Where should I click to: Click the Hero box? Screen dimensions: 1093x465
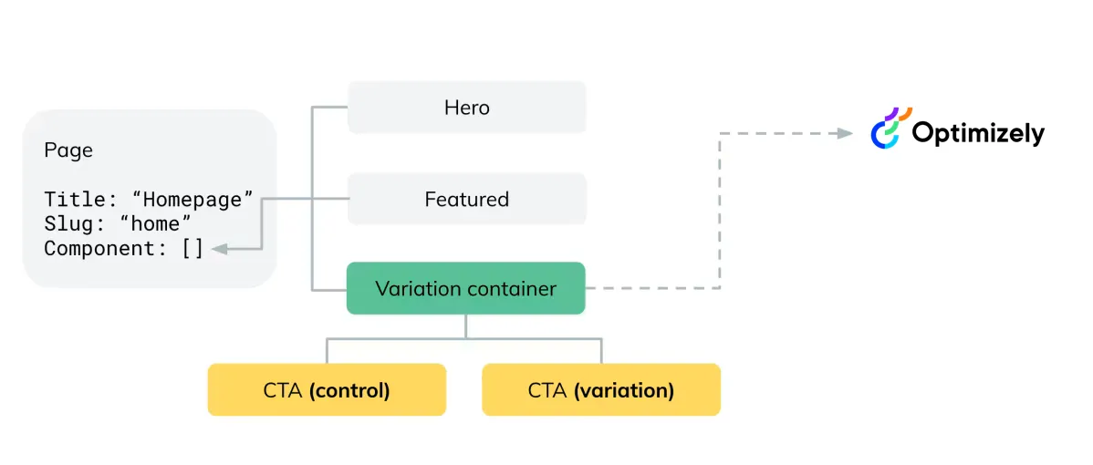(466, 108)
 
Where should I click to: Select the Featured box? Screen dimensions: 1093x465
(466, 199)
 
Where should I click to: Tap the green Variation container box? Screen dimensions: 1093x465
(465, 288)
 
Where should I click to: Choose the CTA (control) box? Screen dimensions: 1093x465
(327, 390)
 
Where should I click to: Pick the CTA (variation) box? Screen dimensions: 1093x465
(601, 390)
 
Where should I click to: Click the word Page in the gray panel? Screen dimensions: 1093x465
(68, 150)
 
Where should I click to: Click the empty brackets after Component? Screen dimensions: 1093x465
(193, 249)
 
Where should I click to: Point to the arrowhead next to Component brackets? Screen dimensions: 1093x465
(219, 249)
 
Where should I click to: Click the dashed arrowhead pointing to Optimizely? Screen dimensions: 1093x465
(844, 133)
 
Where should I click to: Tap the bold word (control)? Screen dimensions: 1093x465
(349, 390)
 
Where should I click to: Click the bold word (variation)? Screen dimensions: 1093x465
(624, 390)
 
